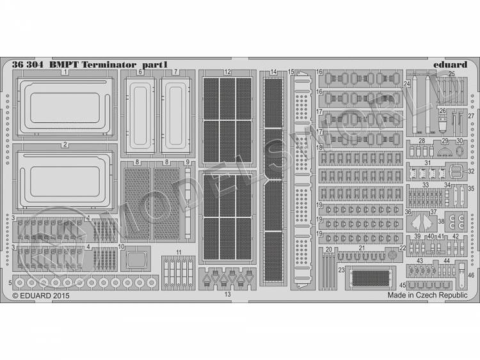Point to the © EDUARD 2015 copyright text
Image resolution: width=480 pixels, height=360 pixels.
41,297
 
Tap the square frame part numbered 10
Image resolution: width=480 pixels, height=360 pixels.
136,260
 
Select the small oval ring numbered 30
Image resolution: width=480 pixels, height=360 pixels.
460,152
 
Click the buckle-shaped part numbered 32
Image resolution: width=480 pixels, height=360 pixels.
456,171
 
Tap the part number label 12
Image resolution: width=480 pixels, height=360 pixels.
228,72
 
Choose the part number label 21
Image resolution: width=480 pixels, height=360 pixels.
361,248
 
